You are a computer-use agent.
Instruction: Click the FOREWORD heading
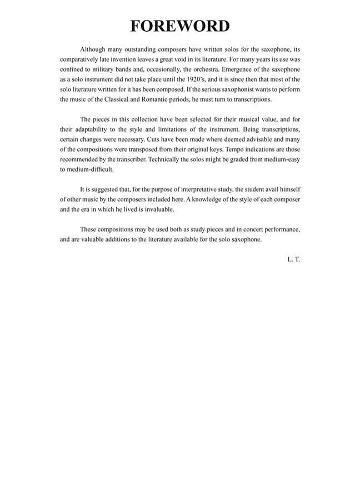[x=180, y=26]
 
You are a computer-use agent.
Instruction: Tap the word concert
[x=255, y=229]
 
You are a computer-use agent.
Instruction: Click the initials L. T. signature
[x=294, y=259]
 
